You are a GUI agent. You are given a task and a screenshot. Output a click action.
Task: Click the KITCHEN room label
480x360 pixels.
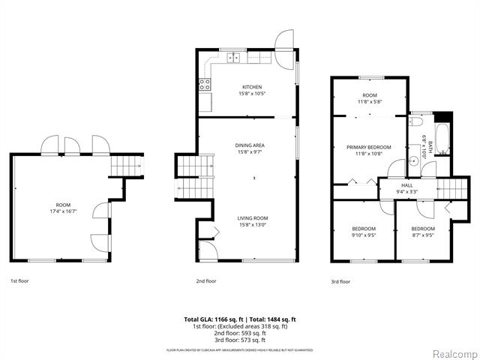(251, 87)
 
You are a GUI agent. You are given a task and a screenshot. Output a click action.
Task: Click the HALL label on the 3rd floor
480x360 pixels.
(407, 184)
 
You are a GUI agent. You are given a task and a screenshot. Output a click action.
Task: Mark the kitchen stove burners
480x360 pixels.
(204, 85)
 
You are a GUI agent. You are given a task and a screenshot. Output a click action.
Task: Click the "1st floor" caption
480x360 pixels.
(20, 281)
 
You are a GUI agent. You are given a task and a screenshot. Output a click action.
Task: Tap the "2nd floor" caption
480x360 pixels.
(206, 281)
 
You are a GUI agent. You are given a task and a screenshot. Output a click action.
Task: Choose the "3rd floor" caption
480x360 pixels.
(340, 281)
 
